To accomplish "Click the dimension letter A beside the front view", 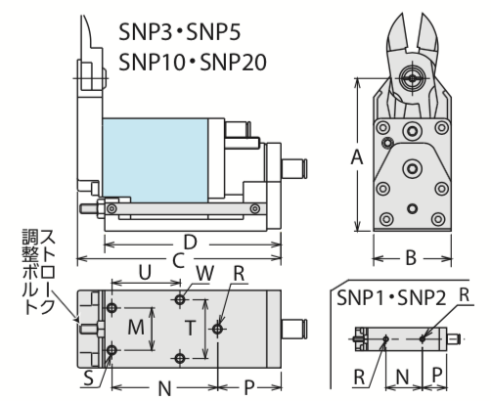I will [x=358, y=157].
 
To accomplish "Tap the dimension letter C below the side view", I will [x=177, y=260].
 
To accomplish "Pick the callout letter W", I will [x=204, y=273].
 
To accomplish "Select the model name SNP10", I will [x=155, y=62].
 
